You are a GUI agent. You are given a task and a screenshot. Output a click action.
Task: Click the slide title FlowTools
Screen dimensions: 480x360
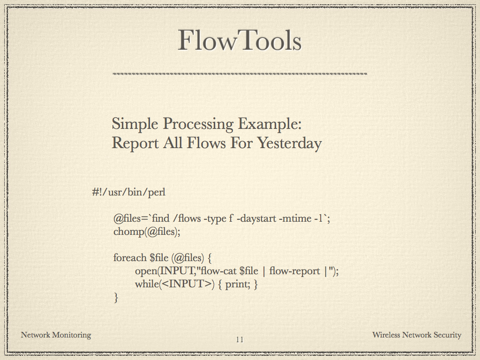[240, 40]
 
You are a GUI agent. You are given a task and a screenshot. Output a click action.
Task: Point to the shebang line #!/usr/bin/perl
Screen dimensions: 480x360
[129, 192]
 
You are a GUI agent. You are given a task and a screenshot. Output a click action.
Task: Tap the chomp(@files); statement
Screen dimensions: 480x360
[147, 232]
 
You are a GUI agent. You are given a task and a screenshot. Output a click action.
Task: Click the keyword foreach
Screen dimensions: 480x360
[130, 257]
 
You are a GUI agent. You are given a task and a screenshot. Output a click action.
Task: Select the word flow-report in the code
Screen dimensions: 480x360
[294, 271]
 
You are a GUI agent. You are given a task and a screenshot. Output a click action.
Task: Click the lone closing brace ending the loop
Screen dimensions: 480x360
[116, 297]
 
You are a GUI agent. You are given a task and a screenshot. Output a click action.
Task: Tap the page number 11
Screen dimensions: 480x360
[240, 339]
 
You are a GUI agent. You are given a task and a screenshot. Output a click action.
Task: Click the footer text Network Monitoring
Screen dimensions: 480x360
[56, 335]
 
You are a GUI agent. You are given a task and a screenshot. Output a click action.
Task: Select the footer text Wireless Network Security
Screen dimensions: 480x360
[417, 335]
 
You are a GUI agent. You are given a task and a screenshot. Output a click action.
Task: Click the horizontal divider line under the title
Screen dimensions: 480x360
[240, 74]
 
